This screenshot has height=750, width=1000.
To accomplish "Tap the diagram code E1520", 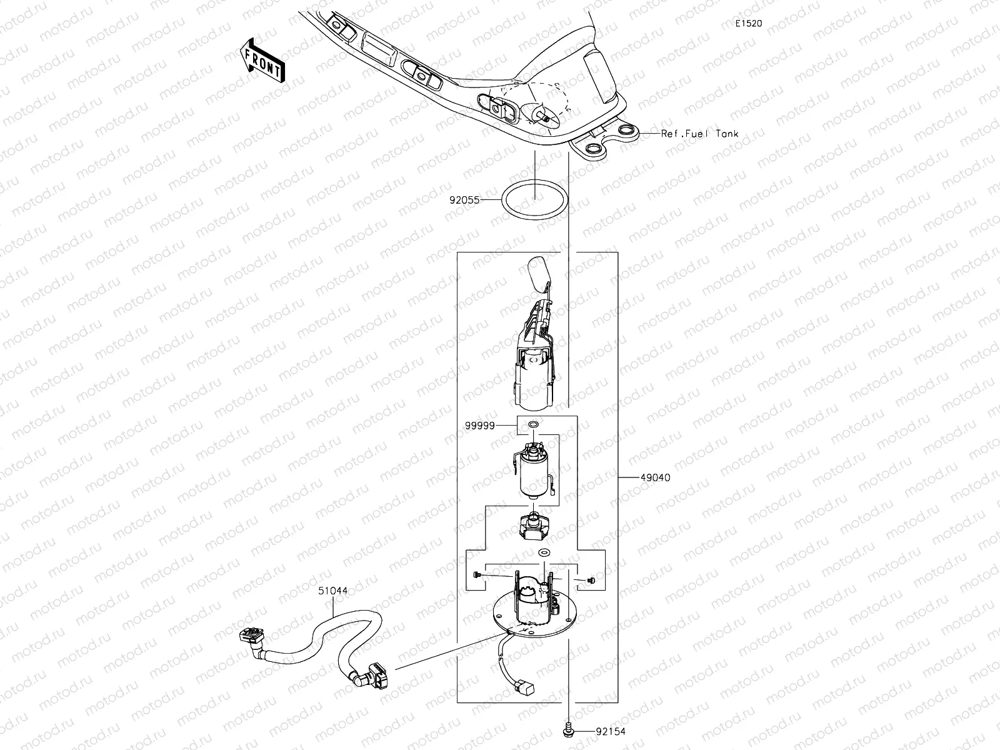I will click(x=748, y=24).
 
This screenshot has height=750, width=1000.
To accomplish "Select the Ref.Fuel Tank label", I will click(x=700, y=134).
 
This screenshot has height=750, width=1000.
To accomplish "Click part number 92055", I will click(x=464, y=201).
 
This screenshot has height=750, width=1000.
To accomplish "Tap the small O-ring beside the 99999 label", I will click(x=533, y=425).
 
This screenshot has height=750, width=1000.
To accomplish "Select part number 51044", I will click(x=332, y=589).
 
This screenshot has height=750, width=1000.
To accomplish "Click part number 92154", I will click(x=611, y=731).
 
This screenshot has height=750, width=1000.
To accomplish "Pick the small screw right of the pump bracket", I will click(x=589, y=581).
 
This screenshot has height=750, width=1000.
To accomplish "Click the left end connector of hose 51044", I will click(x=252, y=639).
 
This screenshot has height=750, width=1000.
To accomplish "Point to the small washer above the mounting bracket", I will click(x=543, y=552).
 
